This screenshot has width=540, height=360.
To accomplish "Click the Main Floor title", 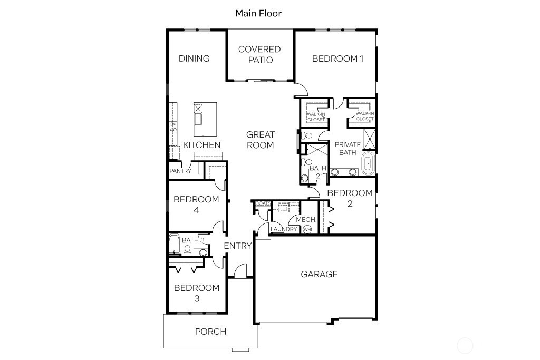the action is click(x=258, y=13).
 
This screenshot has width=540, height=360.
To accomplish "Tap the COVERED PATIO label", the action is click(x=259, y=54).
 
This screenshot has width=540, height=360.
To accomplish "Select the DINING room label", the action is click(x=194, y=59).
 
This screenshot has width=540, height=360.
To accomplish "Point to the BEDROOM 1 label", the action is click(x=337, y=59).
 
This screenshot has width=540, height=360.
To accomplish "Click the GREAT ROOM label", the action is click(x=260, y=140).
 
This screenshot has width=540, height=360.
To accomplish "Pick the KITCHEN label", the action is click(x=201, y=145).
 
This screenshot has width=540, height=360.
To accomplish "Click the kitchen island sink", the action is click(x=199, y=119).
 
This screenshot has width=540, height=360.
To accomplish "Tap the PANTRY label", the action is click(x=180, y=171).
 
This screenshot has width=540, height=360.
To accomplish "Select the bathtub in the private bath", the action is click(x=367, y=164).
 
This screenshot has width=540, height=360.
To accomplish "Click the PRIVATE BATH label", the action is click(x=348, y=148).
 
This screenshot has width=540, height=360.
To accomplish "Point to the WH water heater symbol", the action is click(x=307, y=229).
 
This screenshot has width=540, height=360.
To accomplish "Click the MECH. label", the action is click(x=306, y=220).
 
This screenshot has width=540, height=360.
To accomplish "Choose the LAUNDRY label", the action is click(x=284, y=229).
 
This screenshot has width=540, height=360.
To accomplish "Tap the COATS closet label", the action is click(x=263, y=203).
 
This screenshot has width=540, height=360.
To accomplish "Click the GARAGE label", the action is click(x=319, y=274).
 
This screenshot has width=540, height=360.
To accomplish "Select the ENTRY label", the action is click(x=238, y=246).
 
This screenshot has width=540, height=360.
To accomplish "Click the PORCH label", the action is click(x=210, y=332).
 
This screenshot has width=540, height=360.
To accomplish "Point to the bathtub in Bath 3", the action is click(x=174, y=244).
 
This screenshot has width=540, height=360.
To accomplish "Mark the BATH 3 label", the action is click(x=193, y=240).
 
